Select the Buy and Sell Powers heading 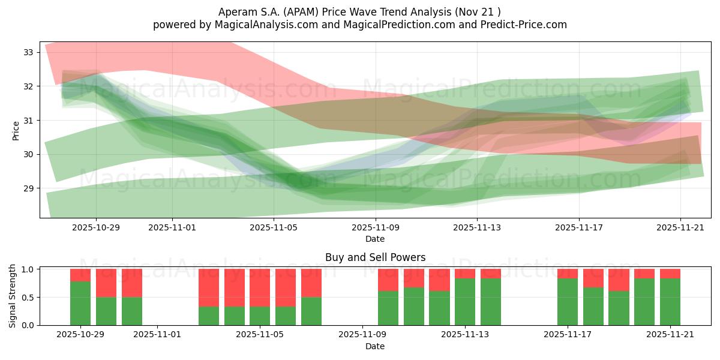tap(375, 257)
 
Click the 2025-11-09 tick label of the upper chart tap(376, 227)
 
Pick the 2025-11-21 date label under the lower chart tap(670, 335)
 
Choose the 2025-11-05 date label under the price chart tap(274, 227)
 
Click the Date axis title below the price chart tap(375, 239)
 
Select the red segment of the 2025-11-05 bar tap(260, 287)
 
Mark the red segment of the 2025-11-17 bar tap(568, 274)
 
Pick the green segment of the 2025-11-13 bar tap(465, 302)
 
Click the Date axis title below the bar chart tap(375, 346)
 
